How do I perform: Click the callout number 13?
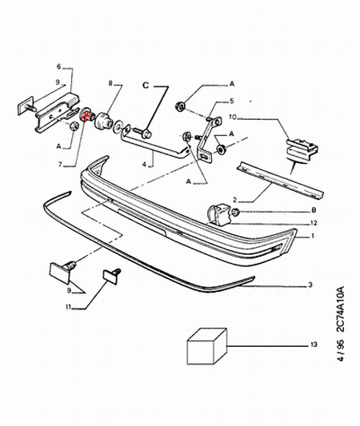coord(314,344)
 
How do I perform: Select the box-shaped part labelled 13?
coord(207,346)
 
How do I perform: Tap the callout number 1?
coord(313,236)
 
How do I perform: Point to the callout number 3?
coord(310,285)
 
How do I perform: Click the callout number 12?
coord(314,223)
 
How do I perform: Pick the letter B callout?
coord(314,210)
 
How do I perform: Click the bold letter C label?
coord(146,86)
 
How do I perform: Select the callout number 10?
coord(233,117)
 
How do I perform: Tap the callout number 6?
coord(59,66)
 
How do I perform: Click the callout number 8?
coord(110,83)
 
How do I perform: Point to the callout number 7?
coord(60,164)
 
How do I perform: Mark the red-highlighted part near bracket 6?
coord(87,114)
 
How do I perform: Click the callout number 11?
coord(68,307)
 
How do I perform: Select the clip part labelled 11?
coord(112,276)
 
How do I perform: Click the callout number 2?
coord(235,201)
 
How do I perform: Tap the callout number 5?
coord(232,101)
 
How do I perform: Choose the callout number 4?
coord(144,164)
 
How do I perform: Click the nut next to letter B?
coord(236,212)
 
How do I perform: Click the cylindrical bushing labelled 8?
coord(102,121)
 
